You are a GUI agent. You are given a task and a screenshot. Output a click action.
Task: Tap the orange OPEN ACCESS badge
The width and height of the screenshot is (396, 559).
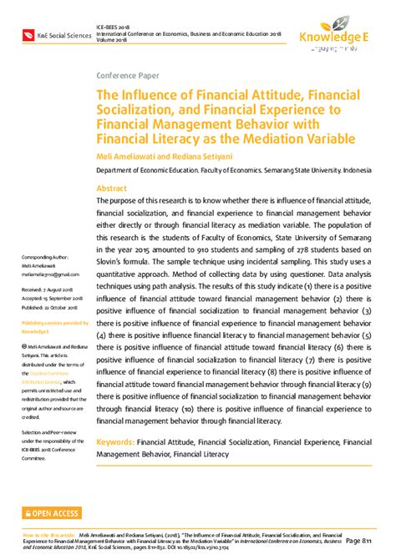pyautogui.click(x=52, y=512)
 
